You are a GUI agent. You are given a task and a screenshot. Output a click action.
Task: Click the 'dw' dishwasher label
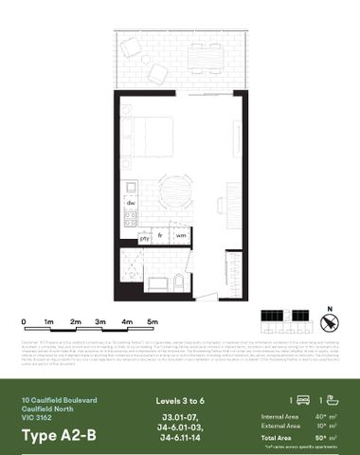(132, 203)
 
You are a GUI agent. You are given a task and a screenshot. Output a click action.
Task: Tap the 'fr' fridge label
(162, 234)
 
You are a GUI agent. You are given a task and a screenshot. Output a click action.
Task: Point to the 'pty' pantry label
(145, 239)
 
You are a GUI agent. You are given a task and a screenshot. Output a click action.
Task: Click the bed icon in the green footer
(304, 401)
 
